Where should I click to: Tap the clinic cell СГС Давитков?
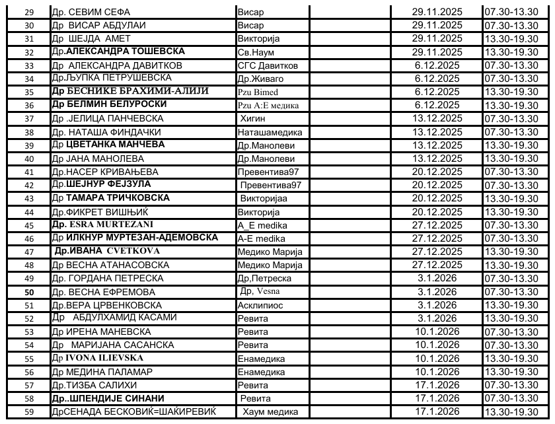tap(268, 65)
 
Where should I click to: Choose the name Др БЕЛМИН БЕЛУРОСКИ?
tap(110, 104)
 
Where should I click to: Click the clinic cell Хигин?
tap(254, 118)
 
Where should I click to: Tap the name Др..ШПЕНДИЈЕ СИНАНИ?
tap(107, 398)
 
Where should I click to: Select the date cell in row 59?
tap(436, 412)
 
